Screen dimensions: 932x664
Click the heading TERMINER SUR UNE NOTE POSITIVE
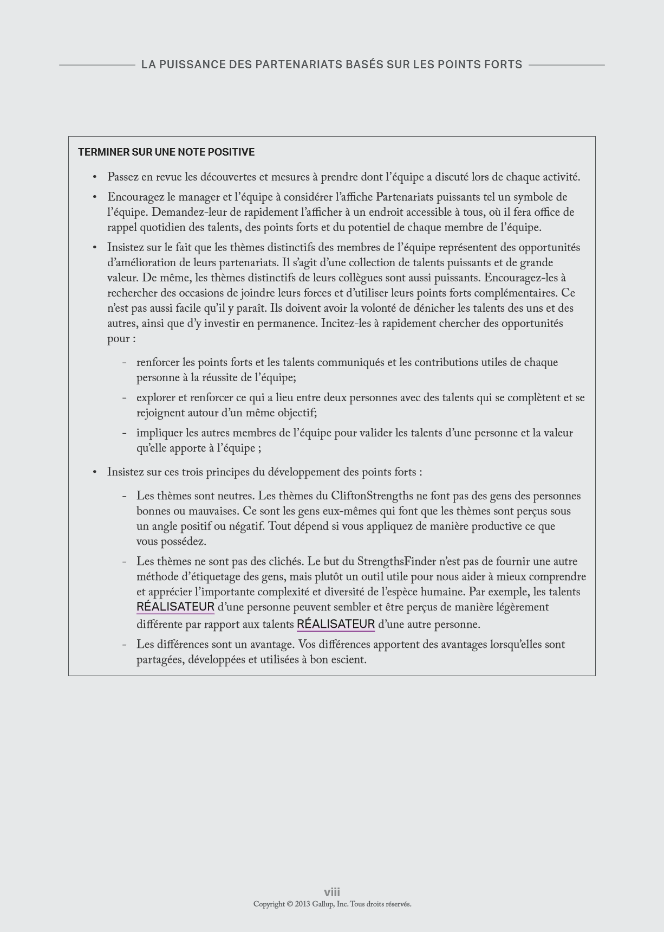(166, 152)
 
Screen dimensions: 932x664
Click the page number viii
(332, 892)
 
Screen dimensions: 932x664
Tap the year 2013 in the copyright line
(302, 904)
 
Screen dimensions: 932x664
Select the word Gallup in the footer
(321, 904)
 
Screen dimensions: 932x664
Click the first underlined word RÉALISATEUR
(175, 607)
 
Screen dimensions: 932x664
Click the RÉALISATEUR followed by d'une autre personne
(336, 624)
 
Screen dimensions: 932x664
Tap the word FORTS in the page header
(503, 65)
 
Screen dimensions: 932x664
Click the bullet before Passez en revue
(95, 177)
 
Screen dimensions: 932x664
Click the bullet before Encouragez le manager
(95, 197)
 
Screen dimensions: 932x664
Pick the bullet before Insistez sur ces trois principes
(95, 472)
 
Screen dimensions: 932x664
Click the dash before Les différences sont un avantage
(125, 645)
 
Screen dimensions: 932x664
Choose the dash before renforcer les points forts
(125, 363)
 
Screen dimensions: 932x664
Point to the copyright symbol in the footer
(290, 904)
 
